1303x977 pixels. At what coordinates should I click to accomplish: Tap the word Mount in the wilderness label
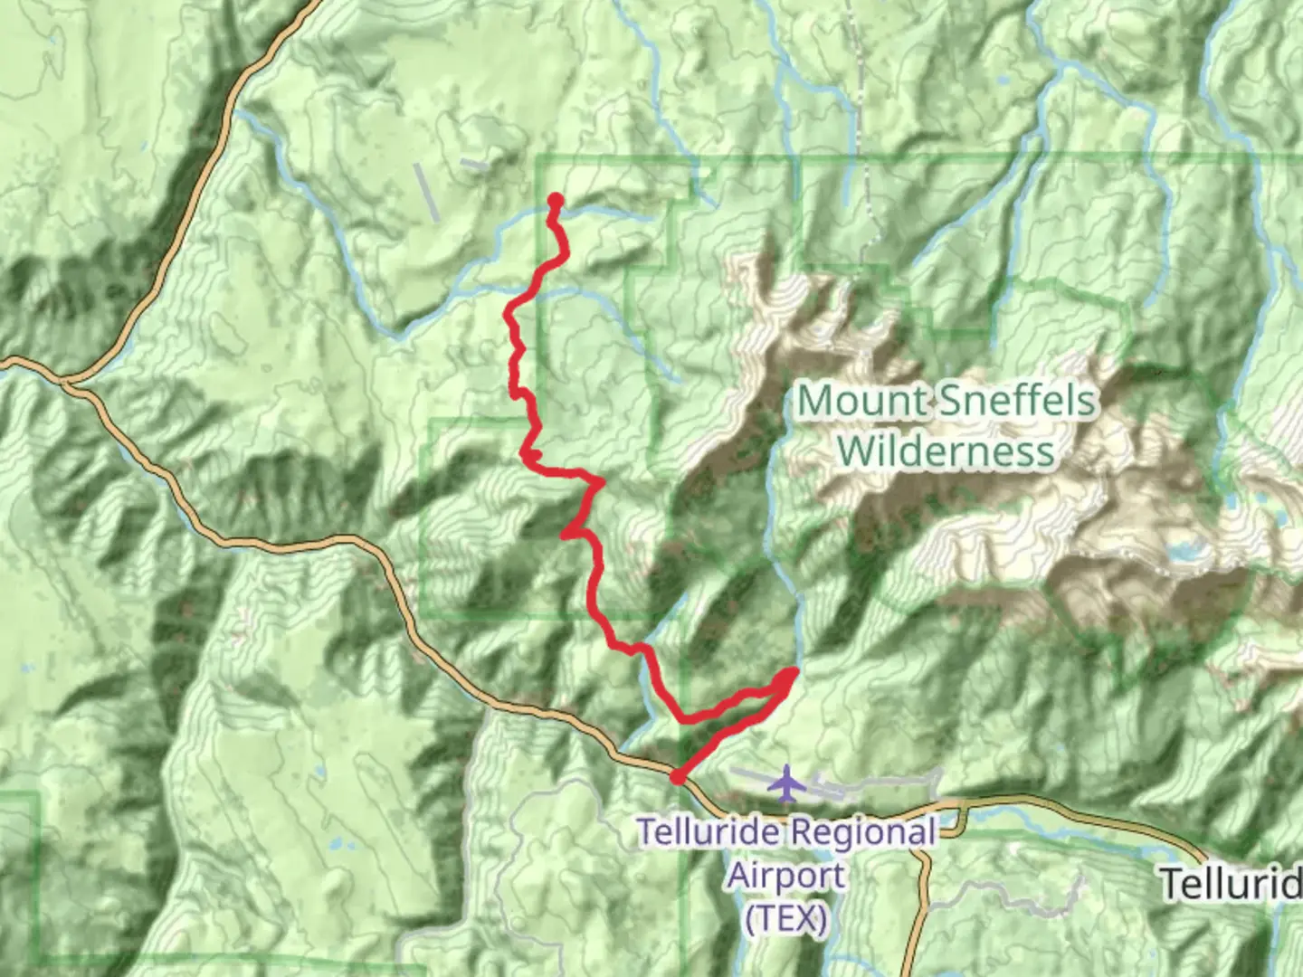click(x=861, y=401)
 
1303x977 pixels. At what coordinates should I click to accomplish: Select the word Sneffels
click(x=1017, y=401)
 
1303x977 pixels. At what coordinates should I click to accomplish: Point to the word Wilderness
click(x=946, y=451)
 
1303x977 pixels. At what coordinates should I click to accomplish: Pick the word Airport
click(x=787, y=875)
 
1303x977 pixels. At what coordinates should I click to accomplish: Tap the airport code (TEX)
click(x=786, y=918)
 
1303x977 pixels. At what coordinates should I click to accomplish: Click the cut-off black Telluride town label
click(x=1231, y=883)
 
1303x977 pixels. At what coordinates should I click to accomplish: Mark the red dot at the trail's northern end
click(x=556, y=201)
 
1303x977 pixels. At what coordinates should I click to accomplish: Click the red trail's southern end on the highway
click(x=677, y=776)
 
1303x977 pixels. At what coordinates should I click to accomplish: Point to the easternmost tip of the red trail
click(x=793, y=672)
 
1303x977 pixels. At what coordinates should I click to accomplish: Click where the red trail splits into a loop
click(x=685, y=719)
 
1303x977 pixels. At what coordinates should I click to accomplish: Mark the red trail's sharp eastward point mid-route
click(x=599, y=481)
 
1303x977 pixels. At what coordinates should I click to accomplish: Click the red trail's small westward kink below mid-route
click(x=566, y=534)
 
